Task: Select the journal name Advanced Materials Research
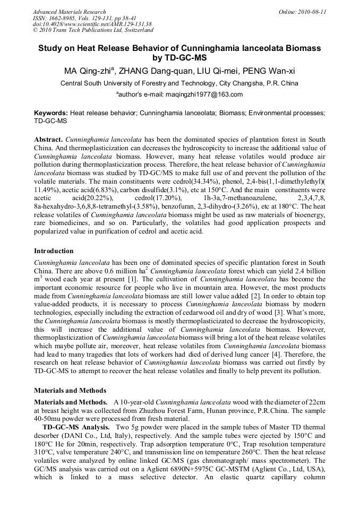(x=70, y=12)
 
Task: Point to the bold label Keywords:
(x=51, y=113)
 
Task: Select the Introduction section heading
(x=54, y=251)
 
